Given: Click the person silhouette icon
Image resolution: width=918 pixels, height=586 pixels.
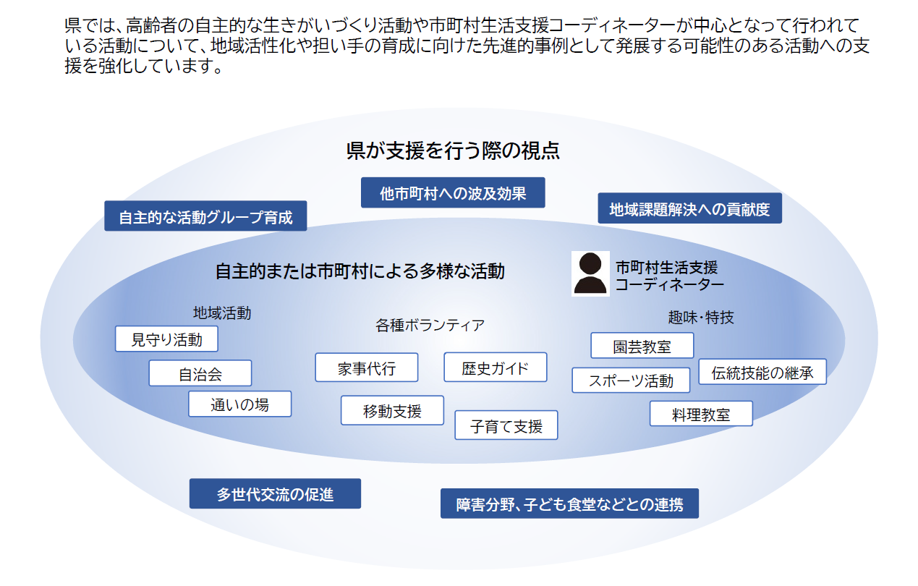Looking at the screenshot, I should (590, 273).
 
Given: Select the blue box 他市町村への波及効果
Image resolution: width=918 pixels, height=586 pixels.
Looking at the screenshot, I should (453, 193).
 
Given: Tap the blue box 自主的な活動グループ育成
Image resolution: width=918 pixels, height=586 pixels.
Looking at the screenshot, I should (205, 216).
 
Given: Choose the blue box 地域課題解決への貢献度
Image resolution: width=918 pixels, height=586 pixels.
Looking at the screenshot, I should (689, 209).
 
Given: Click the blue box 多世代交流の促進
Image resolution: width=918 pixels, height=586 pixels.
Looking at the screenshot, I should (275, 494).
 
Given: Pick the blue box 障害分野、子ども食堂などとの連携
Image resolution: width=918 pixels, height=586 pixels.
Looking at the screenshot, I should (569, 504).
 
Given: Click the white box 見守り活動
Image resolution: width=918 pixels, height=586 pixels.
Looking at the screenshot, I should (166, 339).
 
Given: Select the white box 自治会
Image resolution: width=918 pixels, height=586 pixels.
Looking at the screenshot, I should (200, 373).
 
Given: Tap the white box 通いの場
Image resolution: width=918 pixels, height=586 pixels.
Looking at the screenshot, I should (239, 404).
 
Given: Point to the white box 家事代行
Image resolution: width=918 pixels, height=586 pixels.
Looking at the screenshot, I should (367, 368).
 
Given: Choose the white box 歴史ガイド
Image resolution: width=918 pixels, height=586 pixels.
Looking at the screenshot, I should (495, 368).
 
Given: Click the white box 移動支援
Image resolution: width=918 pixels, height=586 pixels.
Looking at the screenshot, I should (392, 411).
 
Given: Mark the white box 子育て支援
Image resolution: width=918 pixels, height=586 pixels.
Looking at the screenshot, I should (506, 425).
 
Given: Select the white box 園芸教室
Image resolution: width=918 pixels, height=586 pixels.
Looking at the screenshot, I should (642, 346).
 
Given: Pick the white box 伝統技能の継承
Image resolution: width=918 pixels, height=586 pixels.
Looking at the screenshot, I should (762, 372).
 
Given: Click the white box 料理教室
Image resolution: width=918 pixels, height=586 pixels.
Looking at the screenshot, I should (701, 414).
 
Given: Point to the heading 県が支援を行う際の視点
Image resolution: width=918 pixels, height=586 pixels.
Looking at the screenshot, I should (453, 151).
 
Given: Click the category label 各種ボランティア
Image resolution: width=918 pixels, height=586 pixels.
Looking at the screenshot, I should (430, 325).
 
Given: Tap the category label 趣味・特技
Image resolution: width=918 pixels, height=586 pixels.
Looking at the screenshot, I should (700, 317).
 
